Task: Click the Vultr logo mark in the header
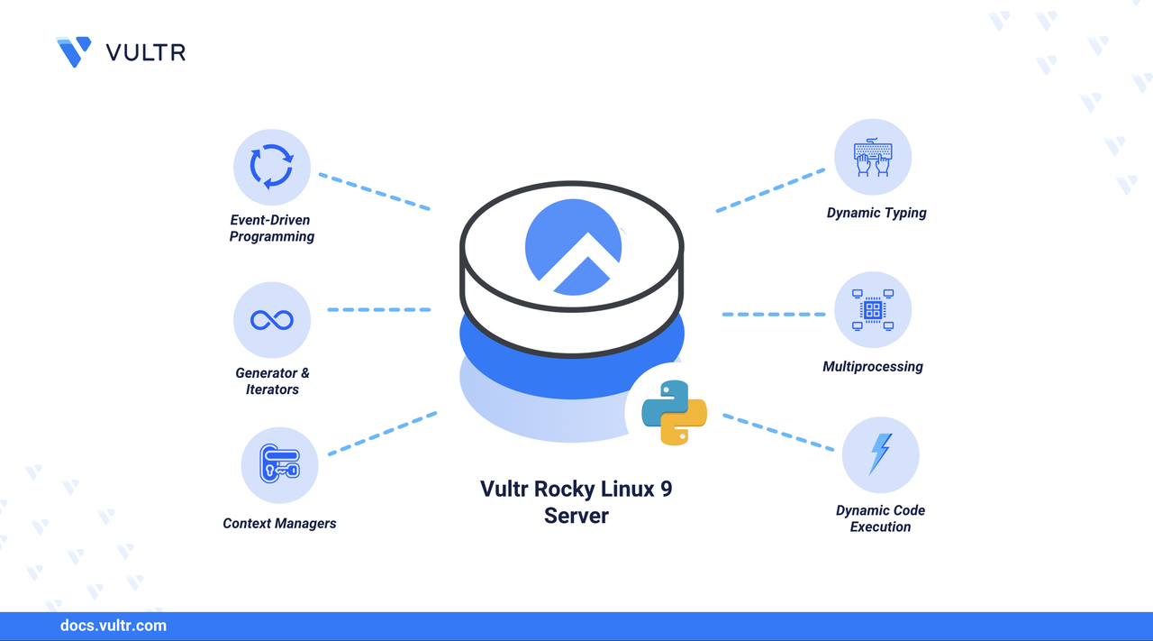(74, 51)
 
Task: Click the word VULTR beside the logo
(146, 52)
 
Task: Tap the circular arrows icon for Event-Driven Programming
(272, 167)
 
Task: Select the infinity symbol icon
(272, 320)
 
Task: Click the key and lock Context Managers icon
(279, 464)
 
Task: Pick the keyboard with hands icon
(872, 158)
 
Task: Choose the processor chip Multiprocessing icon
(872, 310)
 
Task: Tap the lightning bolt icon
(880, 454)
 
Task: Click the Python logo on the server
(674, 413)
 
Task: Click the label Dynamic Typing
(876, 214)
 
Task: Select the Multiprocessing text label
(872, 367)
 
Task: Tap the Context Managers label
(279, 524)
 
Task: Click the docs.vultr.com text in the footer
(113, 626)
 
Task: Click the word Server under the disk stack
(576, 517)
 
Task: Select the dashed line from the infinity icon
(378, 309)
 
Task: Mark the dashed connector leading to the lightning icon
(778, 432)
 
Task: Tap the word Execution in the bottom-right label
(880, 527)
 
